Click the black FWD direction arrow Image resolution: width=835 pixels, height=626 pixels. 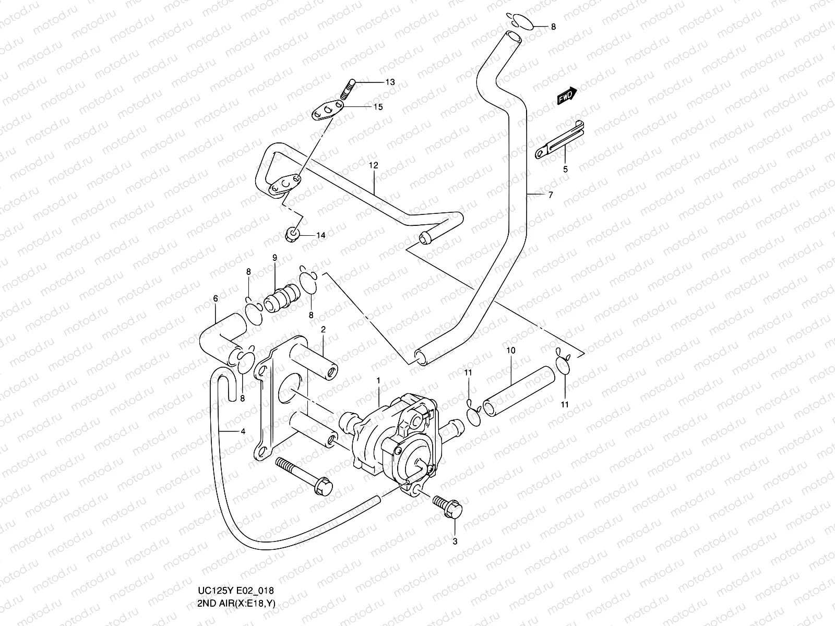click(567, 95)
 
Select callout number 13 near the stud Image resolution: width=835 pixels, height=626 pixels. click(390, 82)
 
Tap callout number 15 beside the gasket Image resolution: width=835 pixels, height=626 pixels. click(378, 107)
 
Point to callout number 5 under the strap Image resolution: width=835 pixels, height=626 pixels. click(565, 169)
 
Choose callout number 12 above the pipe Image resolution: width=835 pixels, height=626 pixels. click(373, 165)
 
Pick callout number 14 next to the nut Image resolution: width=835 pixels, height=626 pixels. click(320, 235)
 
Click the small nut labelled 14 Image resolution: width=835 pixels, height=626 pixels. click(293, 235)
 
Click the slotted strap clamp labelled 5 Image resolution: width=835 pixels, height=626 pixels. click(560, 139)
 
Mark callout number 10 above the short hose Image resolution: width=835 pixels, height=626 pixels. click(510, 351)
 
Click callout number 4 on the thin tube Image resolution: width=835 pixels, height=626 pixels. click(242, 431)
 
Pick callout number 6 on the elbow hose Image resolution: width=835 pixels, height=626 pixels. click(216, 299)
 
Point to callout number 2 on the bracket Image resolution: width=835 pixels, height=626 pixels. click(323, 329)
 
